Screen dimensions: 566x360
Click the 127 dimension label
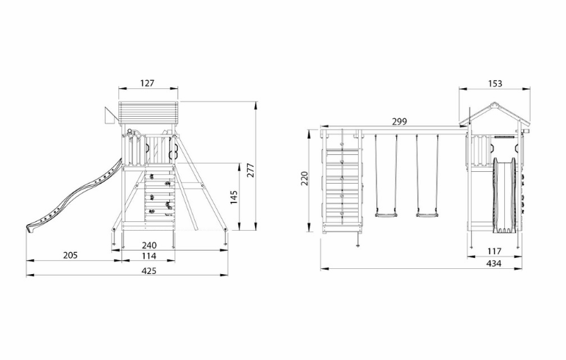[x=147, y=83]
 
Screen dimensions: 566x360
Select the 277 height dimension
[x=251, y=170]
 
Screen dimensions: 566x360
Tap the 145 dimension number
[x=234, y=198]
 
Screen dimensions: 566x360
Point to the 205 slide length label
[x=71, y=256]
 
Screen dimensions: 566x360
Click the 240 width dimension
[x=149, y=245]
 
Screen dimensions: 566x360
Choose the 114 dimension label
[x=148, y=256]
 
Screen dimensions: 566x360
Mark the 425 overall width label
[x=149, y=271]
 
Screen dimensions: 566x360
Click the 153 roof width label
[x=495, y=83]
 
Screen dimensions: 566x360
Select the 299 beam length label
[x=400, y=121]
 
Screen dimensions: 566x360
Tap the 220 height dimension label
[x=304, y=179]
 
